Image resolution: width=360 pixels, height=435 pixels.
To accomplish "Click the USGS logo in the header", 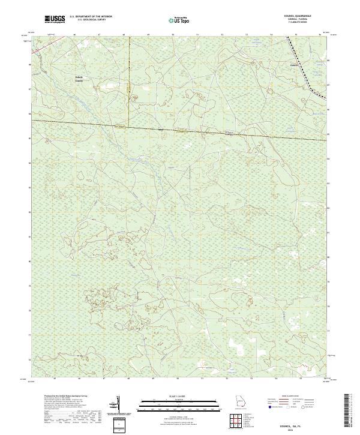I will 55,20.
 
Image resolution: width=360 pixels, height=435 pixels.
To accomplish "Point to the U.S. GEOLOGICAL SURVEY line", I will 90,21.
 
